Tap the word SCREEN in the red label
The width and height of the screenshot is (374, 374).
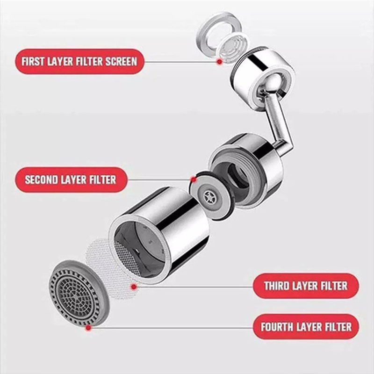(121, 62)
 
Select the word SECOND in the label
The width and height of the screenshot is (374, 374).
(41, 180)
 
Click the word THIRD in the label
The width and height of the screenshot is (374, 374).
(277, 286)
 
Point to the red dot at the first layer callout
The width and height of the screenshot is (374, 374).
(219, 62)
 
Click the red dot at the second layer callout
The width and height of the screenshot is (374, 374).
(194, 180)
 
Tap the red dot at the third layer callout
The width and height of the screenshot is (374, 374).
(134, 287)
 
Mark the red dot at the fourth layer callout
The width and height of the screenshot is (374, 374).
(88, 328)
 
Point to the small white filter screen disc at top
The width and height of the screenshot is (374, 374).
(232, 47)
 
